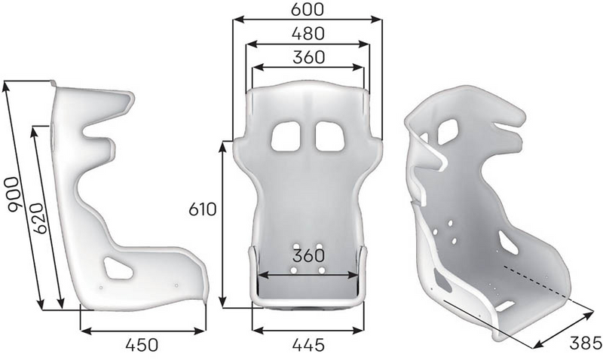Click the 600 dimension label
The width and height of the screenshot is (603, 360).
308,9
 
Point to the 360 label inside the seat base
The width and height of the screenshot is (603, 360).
308,256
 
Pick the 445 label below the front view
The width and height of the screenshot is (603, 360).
308,345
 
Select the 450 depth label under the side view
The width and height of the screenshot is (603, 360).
142,345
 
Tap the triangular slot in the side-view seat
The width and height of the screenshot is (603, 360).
118,265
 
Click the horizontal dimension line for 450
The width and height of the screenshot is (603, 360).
142,329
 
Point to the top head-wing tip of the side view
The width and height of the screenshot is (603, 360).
128,98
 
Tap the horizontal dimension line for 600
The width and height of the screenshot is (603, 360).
308,20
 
